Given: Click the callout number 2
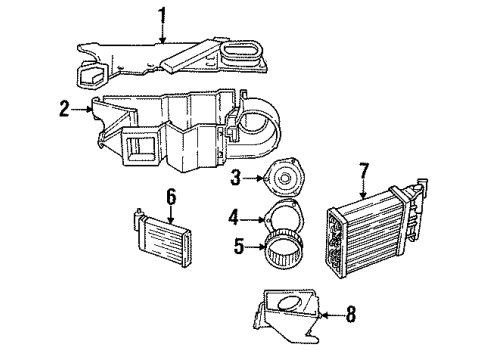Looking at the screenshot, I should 64,109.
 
